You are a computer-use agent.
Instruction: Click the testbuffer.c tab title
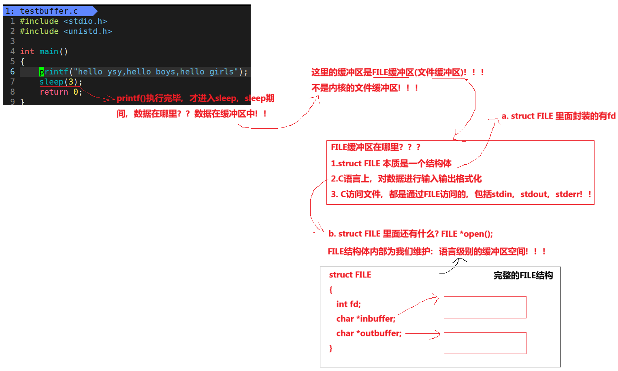[49, 11]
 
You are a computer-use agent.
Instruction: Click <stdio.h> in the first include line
[85, 21]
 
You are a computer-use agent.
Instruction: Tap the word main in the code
[49, 51]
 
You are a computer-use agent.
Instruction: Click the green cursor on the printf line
[42, 72]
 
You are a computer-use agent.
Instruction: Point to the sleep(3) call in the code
[60, 82]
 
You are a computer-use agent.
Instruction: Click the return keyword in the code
[53, 92]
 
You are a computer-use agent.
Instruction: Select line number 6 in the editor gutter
[13, 72]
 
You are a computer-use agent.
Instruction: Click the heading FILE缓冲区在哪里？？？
[375, 147]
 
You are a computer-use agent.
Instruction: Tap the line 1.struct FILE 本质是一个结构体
[391, 163]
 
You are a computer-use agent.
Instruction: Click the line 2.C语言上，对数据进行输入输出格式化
[406, 179]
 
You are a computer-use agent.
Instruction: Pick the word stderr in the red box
[568, 194]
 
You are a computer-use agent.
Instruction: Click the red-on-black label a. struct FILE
[559, 116]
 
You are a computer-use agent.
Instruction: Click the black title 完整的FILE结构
[523, 276]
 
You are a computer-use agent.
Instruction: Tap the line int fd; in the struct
[348, 304]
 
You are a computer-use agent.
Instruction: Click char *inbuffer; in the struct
[366, 319]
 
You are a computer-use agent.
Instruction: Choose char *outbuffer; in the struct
[369, 333]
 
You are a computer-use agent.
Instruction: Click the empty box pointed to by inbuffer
[485, 307]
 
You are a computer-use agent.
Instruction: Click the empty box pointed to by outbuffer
[485, 343]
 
